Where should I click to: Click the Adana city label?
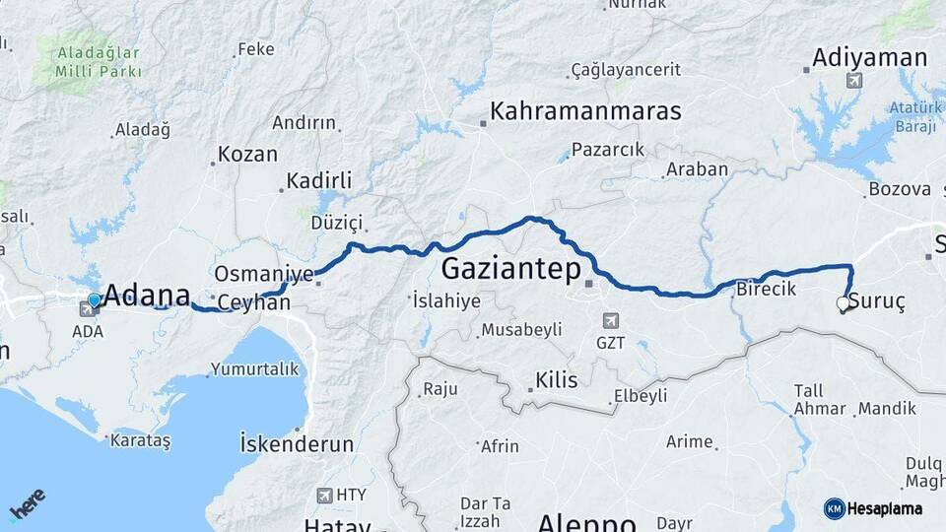coord(147,294)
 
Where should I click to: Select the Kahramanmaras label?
coord(585,110)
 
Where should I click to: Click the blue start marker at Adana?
coord(94,299)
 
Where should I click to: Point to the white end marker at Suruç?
coord(843,303)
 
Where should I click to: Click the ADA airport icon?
coord(88,309)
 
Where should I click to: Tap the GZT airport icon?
coord(610,321)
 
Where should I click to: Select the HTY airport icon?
coord(325,495)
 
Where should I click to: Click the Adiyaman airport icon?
coord(853,80)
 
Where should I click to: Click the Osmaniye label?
coord(263,273)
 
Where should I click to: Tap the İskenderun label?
coord(297,444)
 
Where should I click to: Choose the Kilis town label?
coord(557,380)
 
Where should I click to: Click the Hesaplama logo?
coord(874,508)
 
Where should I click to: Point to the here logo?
coord(28,504)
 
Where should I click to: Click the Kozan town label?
coord(247,155)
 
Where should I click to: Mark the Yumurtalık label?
coord(253,369)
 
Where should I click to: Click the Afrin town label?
coord(500,446)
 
